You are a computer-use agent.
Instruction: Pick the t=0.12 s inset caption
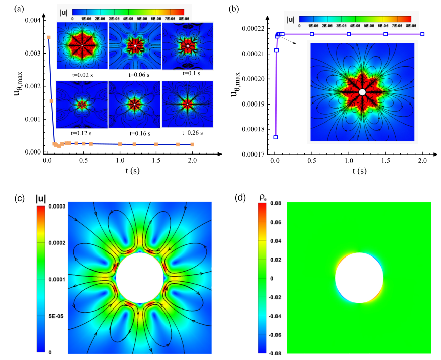pos(81,134)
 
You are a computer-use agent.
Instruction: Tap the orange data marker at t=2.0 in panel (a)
pos(192,145)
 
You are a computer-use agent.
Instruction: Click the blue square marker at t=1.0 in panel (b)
pos(349,34)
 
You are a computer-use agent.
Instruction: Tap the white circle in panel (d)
pos(359,278)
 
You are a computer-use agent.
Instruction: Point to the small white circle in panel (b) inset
pos(362,92)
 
